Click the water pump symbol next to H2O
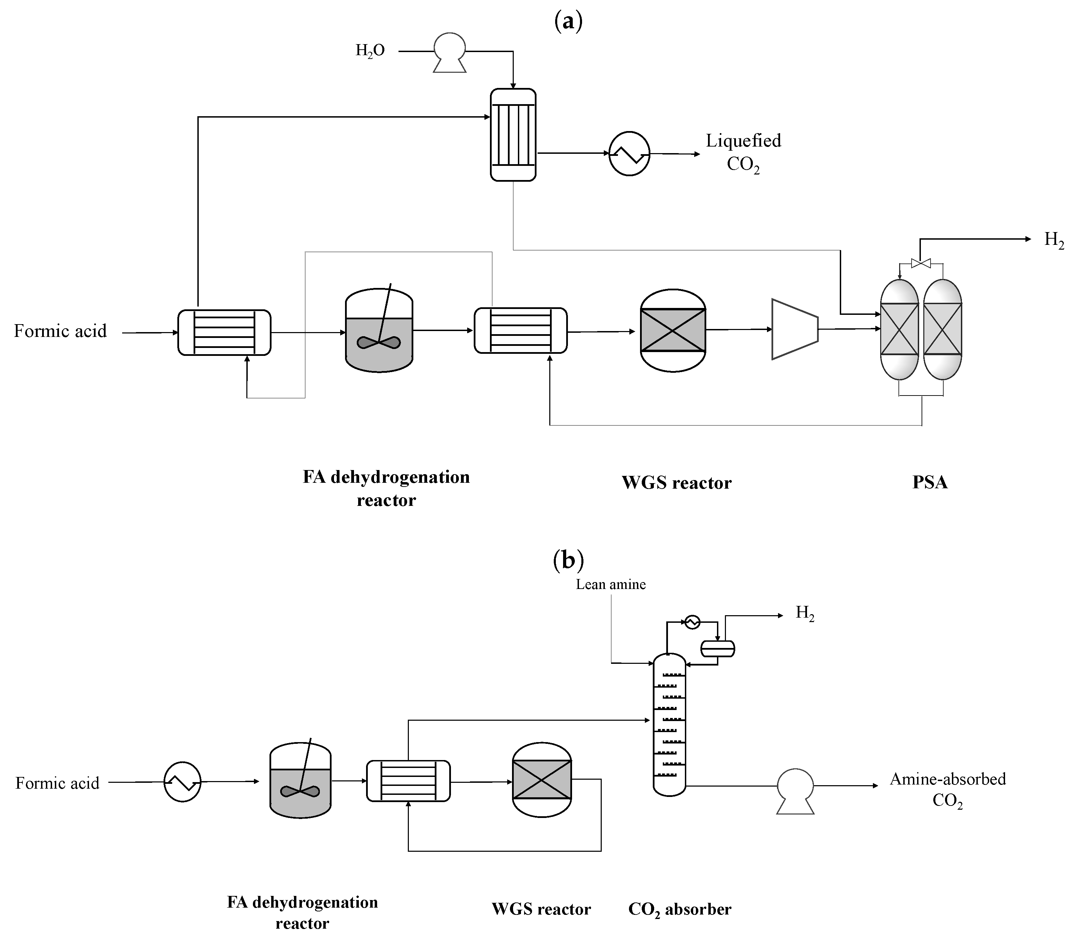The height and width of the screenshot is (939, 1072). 449,51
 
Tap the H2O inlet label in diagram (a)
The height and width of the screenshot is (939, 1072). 370,50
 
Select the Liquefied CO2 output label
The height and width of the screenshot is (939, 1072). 743,152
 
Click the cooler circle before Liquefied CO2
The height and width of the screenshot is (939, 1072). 629,153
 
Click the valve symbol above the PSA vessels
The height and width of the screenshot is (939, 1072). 921,263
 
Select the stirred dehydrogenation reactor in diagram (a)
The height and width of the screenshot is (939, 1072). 379,331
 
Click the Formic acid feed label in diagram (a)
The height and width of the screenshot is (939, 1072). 60,331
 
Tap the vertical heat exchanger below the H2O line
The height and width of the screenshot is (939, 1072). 513,135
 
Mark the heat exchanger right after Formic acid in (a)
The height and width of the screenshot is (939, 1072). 224,332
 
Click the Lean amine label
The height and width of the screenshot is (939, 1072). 611,584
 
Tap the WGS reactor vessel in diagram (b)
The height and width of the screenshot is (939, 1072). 541,780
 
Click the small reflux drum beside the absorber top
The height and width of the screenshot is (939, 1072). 718,649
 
